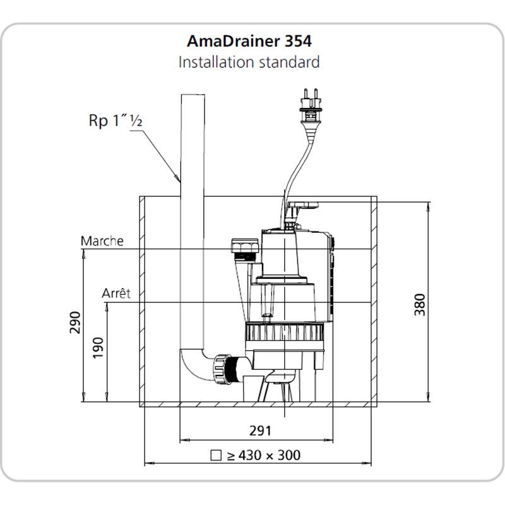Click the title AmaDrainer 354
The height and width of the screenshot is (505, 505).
249,41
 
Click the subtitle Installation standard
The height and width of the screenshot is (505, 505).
249,62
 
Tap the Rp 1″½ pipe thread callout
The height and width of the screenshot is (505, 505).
114,121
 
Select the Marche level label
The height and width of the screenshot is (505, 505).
102,241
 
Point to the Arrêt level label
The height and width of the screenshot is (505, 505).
116,294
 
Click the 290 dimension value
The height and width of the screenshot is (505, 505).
76,324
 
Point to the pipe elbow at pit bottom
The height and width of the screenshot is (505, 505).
193,366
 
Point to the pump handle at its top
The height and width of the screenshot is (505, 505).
304,205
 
